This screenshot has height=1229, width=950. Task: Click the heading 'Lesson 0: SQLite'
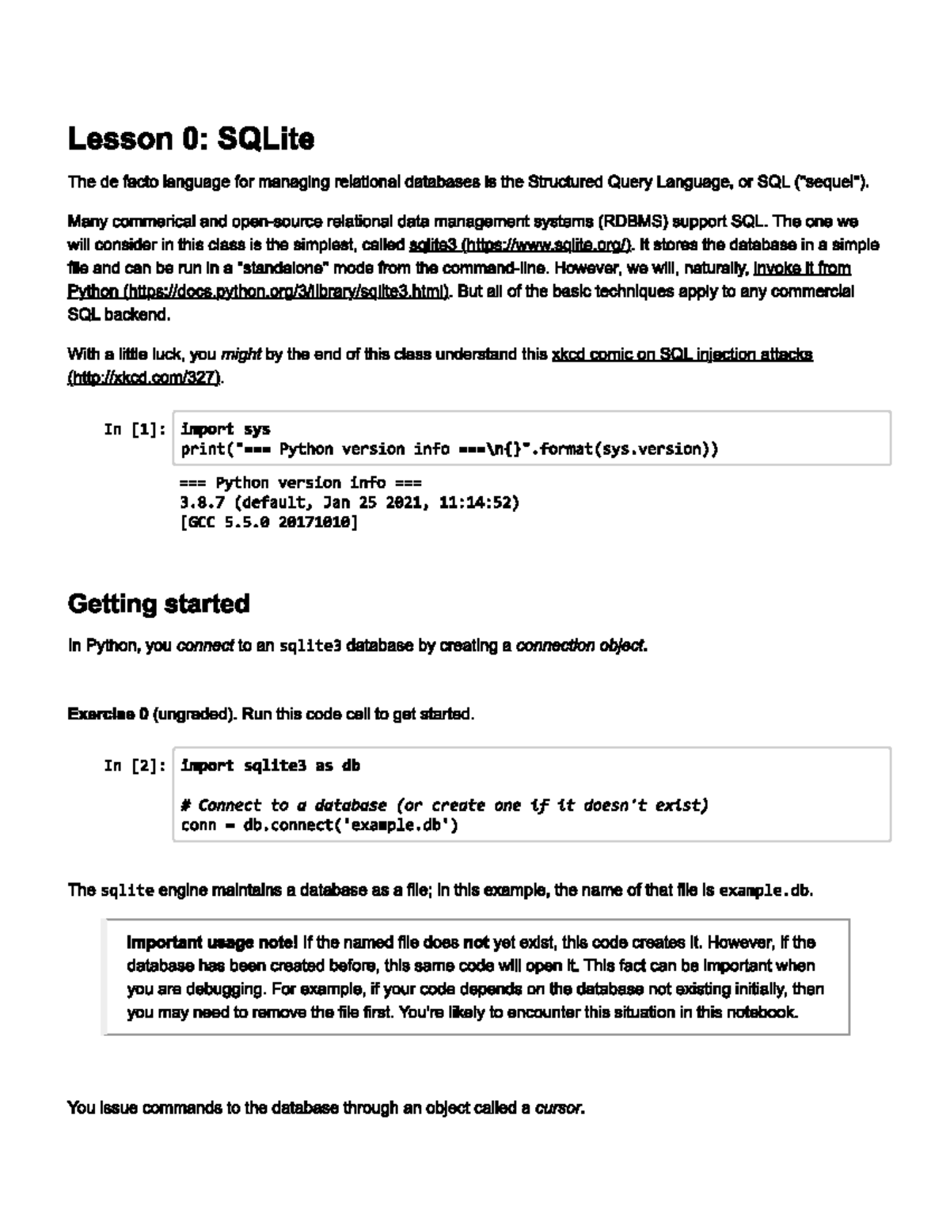click(191, 139)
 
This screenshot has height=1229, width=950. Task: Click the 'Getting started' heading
click(158, 604)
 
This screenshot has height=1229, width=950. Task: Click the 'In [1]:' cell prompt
click(135, 430)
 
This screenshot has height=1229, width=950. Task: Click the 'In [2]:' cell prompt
click(135, 766)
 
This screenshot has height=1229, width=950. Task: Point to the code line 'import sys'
click(226, 430)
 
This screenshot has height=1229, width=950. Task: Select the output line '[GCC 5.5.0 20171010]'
click(269, 522)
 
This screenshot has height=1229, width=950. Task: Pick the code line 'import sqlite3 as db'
click(271, 766)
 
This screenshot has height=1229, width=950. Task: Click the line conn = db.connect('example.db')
click(320, 825)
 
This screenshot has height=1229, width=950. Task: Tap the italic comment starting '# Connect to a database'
click(443, 806)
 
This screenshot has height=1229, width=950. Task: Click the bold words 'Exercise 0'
click(108, 714)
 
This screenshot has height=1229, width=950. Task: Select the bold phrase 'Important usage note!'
click(212, 943)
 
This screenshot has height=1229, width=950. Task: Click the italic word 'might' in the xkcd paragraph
click(241, 355)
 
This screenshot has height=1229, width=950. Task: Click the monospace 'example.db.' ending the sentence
click(766, 890)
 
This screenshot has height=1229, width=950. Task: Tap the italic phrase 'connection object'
click(581, 646)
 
